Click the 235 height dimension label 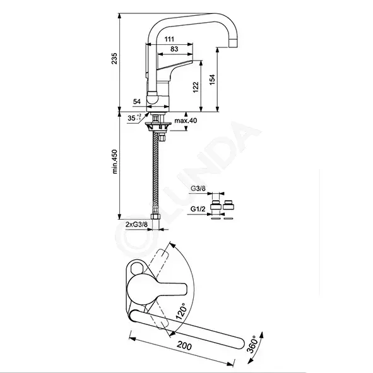click(x=114, y=59)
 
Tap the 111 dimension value click(x=169, y=39)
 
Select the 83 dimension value click(x=174, y=49)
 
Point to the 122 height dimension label click(x=196, y=87)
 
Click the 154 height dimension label click(x=212, y=80)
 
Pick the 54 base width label click(x=137, y=102)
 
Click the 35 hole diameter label click(x=134, y=117)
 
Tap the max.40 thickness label click(x=186, y=121)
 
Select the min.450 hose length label click(x=115, y=162)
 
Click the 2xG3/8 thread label click(x=136, y=224)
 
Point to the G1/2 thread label click(x=198, y=209)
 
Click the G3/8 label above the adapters click(x=198, y=189)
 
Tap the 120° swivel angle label click(x=181, y=311)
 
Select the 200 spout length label click(x=184, y=346)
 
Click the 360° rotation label click(x=252, y=344)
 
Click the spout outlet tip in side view click(x=233, y=44)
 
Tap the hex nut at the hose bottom click(x=155, y=216)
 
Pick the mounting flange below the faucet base click(x=158, y=126)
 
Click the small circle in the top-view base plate click(x=136, y=268)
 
